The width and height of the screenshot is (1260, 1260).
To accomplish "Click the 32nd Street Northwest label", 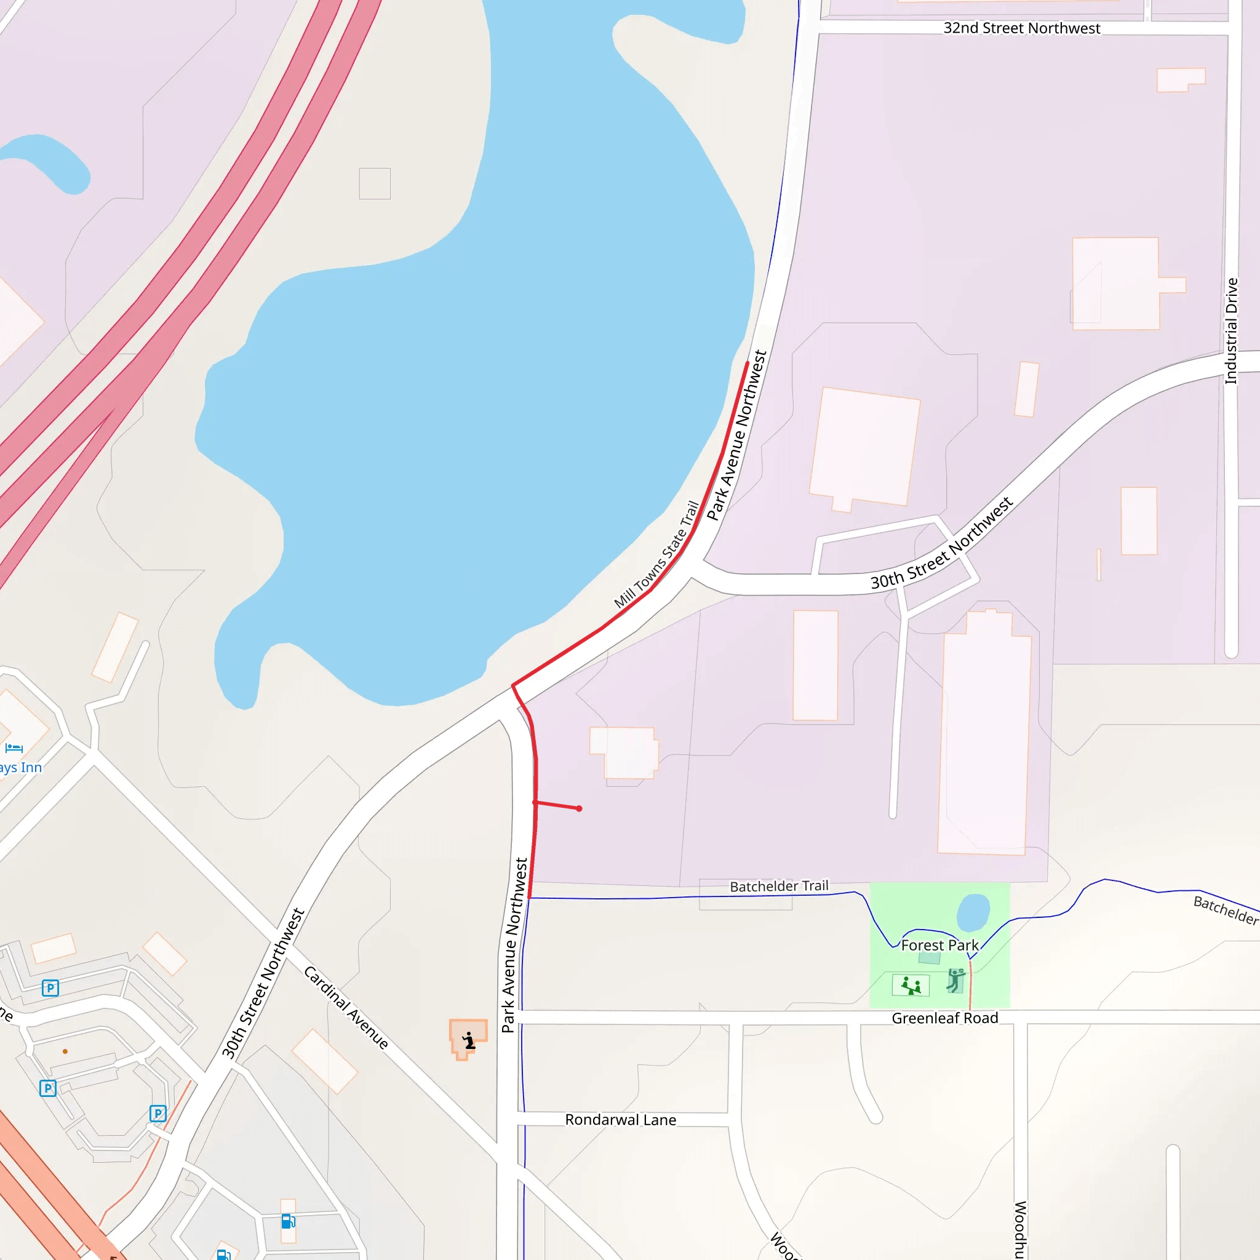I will [1021, 28].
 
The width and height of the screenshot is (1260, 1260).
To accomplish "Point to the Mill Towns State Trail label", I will [656, 554].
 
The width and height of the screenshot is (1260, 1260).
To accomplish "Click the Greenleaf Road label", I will [944, 1018].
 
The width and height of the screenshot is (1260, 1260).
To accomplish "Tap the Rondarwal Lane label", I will [620, 1120].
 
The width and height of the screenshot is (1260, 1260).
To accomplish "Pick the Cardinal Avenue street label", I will [346, 1007].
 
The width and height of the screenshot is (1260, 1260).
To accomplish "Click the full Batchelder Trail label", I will [779, 887].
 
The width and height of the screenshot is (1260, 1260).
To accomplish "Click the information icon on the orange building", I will [469, 1040].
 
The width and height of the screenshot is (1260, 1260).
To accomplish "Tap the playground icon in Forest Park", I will [911, 986].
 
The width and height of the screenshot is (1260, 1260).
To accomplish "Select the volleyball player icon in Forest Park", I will [955, 980].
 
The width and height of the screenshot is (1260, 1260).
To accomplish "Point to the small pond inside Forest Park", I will [973, 912].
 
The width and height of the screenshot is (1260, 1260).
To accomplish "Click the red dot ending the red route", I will [579, 808].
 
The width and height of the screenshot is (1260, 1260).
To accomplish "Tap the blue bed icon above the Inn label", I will [14, 748].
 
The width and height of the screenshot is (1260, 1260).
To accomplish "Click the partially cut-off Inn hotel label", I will [20, 768].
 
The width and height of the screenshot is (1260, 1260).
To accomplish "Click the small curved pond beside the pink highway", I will [49, 161].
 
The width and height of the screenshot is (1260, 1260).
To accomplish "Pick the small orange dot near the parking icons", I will [65, 1051].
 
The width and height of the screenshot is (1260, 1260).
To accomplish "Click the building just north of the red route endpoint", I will [623, 752].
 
